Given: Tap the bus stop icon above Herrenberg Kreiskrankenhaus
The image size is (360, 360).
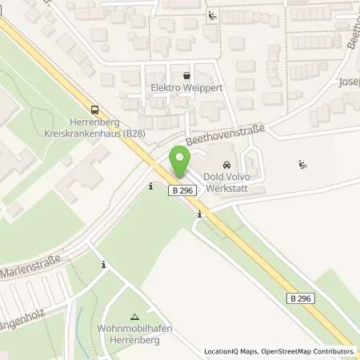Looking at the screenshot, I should point(95,110).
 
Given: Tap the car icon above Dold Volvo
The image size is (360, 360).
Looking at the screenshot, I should point(225,166).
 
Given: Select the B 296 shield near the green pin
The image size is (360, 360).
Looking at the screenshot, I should point(182,190).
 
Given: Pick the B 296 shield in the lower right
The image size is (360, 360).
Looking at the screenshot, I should point(301,298).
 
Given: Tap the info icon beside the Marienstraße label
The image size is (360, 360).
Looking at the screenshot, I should point(103,264).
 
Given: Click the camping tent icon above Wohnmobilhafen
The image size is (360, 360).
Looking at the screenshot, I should point(134,317).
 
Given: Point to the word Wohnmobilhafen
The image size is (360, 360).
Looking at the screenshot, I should point(136,329).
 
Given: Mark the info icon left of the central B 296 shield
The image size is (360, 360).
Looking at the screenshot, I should point(151,186).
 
